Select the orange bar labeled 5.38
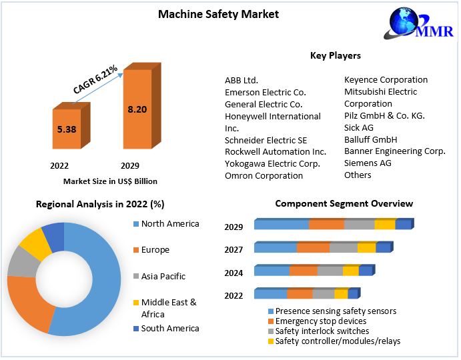tap(70, 129)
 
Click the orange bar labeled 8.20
tap(137, 109)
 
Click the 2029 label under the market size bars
tap(129, 165)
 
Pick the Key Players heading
tap(336, 56)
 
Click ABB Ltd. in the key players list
tap(242, 80)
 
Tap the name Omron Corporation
tap(264, 176)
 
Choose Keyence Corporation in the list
tap(386, 80)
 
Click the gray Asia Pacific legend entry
tap(163, 276)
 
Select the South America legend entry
tap(169, 328)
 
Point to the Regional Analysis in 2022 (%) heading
tap(100, 204)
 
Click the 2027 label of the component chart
tap(234, 249)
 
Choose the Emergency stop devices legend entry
tap(320, 321)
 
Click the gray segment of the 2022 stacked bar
tap(323, 294)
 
